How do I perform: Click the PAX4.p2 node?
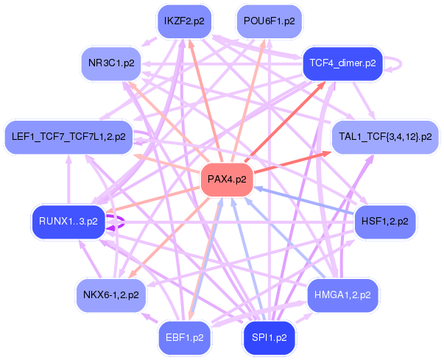[x=227, y=179]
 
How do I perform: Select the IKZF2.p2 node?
[x=184, y=21]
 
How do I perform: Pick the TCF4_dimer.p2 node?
[x=342, y=63]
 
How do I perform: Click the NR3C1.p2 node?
[x=111, y=63]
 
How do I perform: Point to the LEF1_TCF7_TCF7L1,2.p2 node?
[x=68, y=136]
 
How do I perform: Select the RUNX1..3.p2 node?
[x=68, y=221]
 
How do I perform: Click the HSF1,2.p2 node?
[x=385, y=221]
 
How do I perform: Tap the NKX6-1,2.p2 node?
[x=111, y=294]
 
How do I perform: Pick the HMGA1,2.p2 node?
[x=342, y=294]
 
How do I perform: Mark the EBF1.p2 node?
[x=184, y=338]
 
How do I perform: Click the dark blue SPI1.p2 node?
[x=269, y=338]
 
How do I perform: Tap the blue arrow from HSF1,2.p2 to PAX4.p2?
[x=309, y=200]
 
